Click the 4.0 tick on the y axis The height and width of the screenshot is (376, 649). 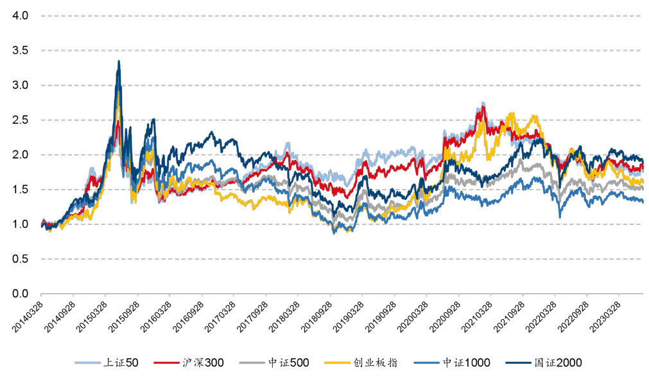(x=21, y=15)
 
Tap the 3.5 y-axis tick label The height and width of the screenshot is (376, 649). (x=21, y=50)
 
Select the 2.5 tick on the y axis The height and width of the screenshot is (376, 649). (x=21, y=120)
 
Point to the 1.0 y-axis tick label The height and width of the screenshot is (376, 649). (x=21, y=224)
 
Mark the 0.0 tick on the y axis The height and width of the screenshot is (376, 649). (x=21, y=294)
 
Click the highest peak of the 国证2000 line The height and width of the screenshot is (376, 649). (x=119, y=61)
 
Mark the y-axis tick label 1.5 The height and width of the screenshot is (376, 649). (x=21, y=190)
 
